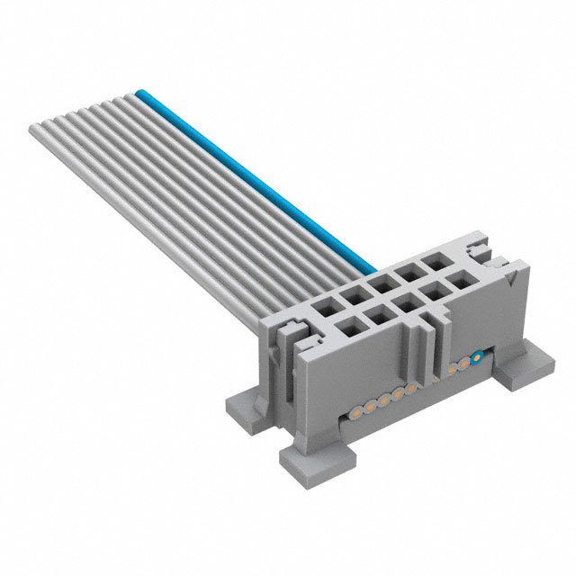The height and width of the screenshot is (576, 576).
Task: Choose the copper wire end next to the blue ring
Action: [x=464, y=362]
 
